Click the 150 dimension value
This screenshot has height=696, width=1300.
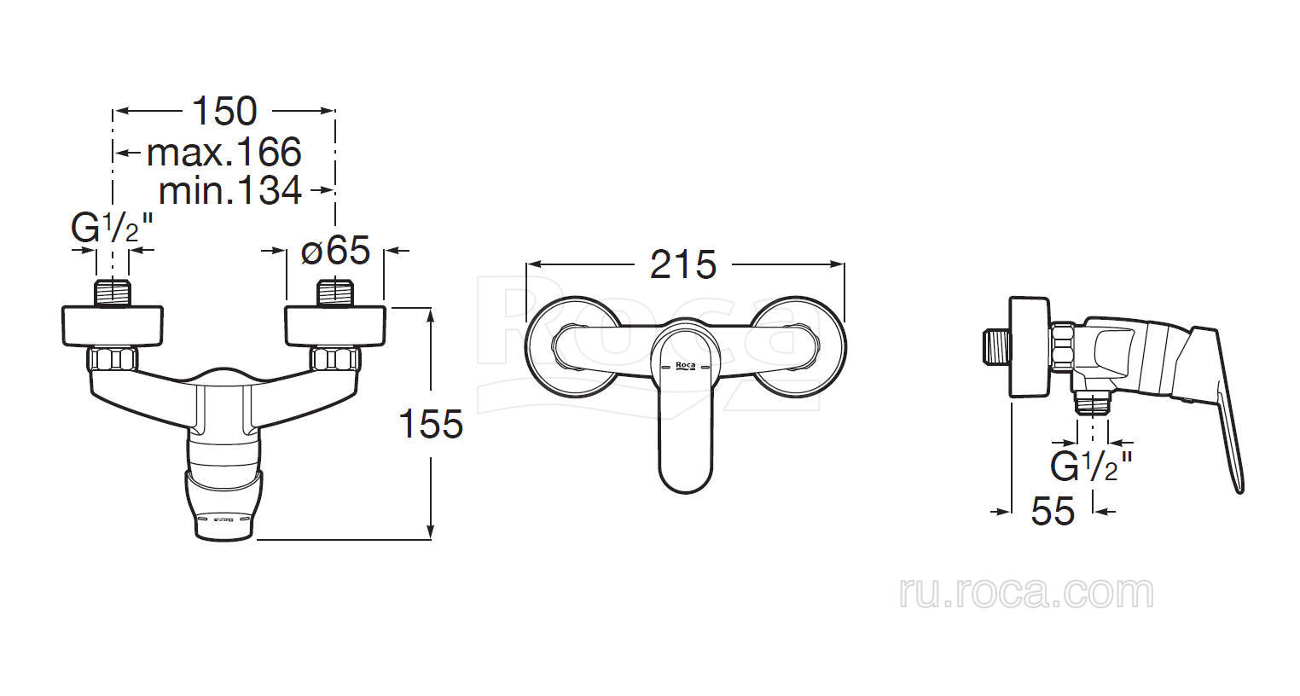click(x=224, y=111)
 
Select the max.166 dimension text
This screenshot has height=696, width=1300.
click(x=224, y=152)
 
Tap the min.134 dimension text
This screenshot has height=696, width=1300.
click(x=230, y=190)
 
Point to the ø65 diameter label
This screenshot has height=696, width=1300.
click(x=335, y=250)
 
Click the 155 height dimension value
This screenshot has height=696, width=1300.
click(x=432, y=424)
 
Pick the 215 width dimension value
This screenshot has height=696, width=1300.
click(x=683, y=264)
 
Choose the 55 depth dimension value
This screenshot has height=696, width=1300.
click(x=1053, y=511)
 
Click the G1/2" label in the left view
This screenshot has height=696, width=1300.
click(x=112, y=228)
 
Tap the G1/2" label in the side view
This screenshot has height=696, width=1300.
click(x=1091, y=466)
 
